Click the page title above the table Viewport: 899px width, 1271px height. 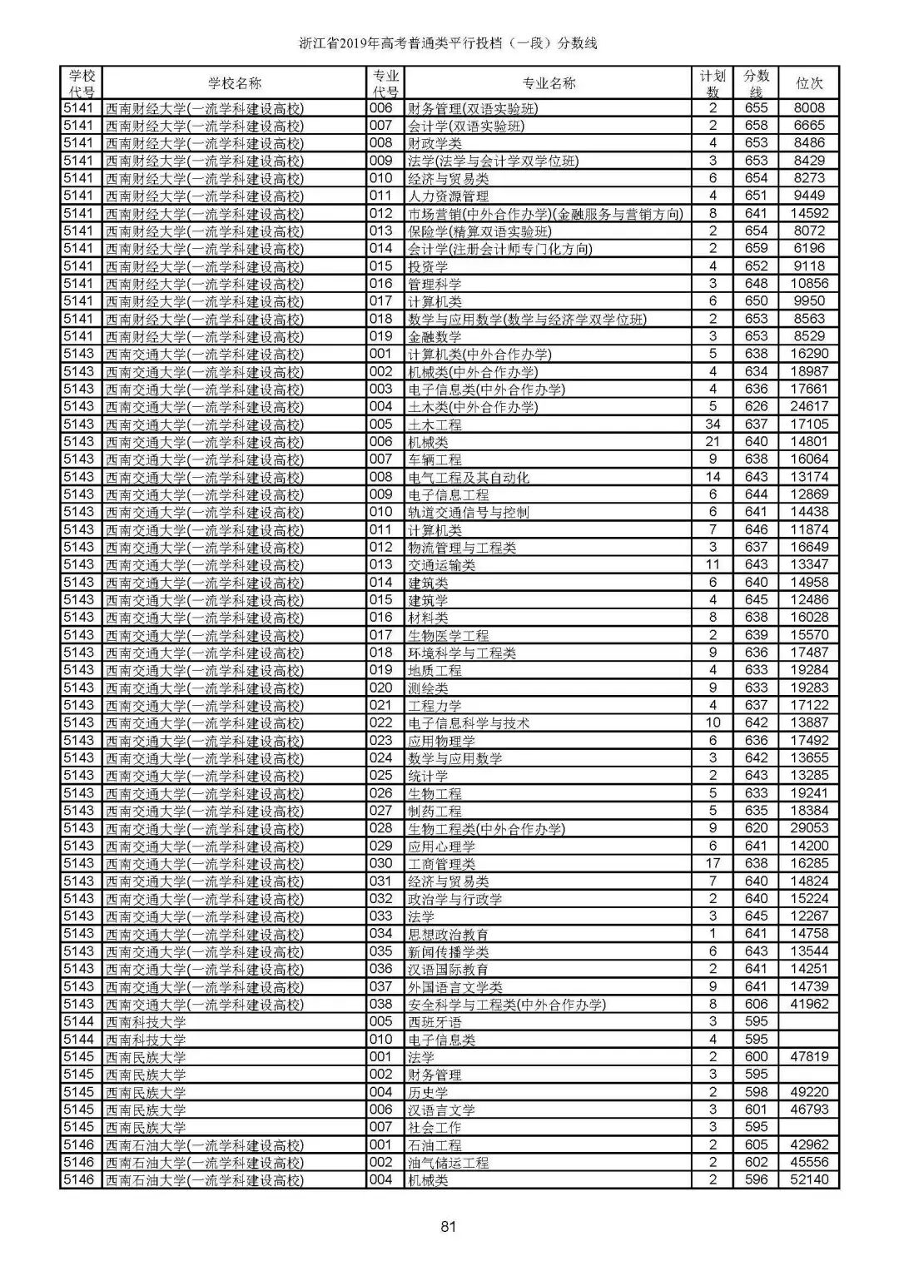click(449, 43)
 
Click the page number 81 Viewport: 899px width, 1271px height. click(449, 1225)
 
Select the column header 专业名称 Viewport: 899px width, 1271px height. click(548, 83)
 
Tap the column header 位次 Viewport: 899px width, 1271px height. click(809, 83)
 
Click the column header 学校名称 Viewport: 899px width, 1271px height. click(234, 83)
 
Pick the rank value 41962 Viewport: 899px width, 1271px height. click(809, 1005)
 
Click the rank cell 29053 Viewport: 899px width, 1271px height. click(809, 829)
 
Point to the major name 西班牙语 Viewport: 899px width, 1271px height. click(435, 1022)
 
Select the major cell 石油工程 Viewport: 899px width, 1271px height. click(435, 1145)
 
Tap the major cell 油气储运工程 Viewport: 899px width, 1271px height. click(448, 1163)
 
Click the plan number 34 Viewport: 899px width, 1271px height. click(713, 424)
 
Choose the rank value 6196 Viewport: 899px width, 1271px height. click(809, 249)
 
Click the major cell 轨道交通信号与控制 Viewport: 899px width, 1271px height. click(468, 513)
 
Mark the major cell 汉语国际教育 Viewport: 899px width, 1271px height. click(448, 970)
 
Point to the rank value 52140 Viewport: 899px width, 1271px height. click(809, 1180)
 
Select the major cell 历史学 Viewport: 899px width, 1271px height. click(428, 1093)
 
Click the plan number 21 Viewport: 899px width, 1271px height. click(713, 442)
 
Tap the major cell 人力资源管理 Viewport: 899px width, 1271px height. click(448, 196)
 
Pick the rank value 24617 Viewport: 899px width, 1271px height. click(809, 407)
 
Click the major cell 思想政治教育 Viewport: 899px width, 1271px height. click(448, 935)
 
